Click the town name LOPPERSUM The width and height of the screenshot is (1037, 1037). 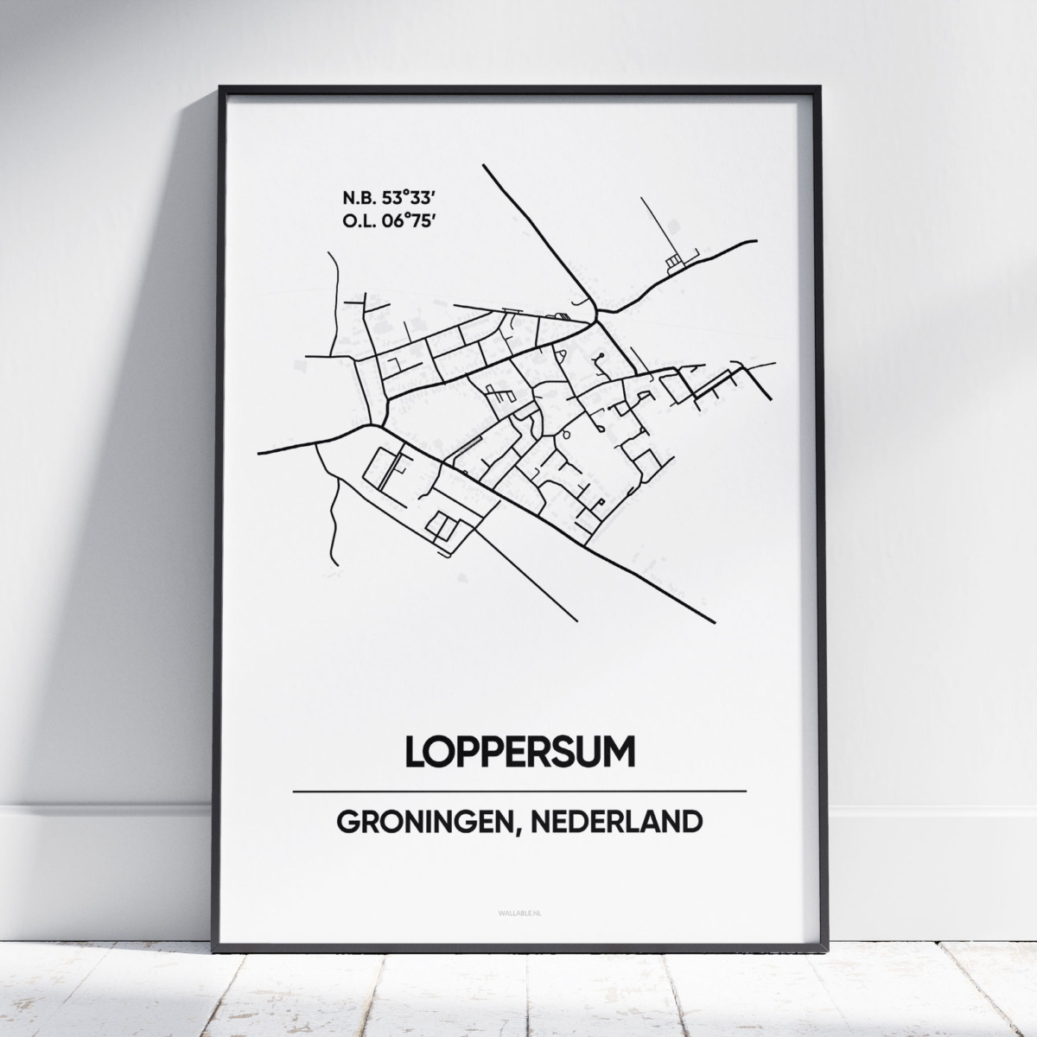pyautogui.click(x=519, y=752)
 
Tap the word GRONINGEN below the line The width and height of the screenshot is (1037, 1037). pyautogui.click(x=421, y=822)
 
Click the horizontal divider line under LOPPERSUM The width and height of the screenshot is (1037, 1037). pyautogui.click(x=519, y=791)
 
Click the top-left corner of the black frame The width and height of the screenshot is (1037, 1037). pyautogui.click(x=221, y=87)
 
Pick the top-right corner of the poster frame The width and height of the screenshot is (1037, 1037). pyautogui.click(x=818, y=87)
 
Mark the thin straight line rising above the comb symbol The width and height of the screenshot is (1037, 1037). pyautogui.click(x=658, y=225)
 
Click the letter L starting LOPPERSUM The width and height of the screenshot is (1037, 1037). pyautogui.click(x=414, y=752)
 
